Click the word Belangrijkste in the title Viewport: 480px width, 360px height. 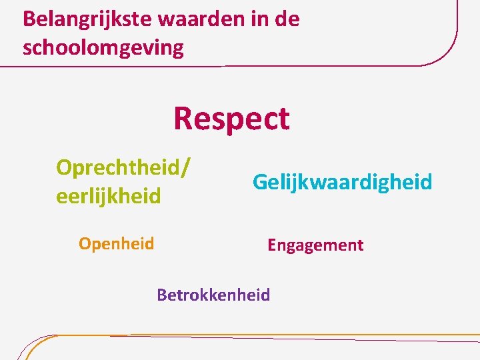(87, 19)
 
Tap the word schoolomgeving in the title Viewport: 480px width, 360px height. (103, 48)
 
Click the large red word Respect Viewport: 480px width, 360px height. (231, 119)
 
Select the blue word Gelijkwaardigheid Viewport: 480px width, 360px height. (342, 181)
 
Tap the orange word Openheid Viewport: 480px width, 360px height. (116, 243)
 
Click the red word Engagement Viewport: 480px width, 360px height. (315, 245)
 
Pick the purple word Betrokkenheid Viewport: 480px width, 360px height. (213, 295)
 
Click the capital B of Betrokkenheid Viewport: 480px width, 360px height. (162, 295)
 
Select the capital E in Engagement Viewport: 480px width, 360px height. (272, 245)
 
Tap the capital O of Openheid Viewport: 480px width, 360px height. (85, 243)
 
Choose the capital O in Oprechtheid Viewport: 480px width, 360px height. (65, 167)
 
